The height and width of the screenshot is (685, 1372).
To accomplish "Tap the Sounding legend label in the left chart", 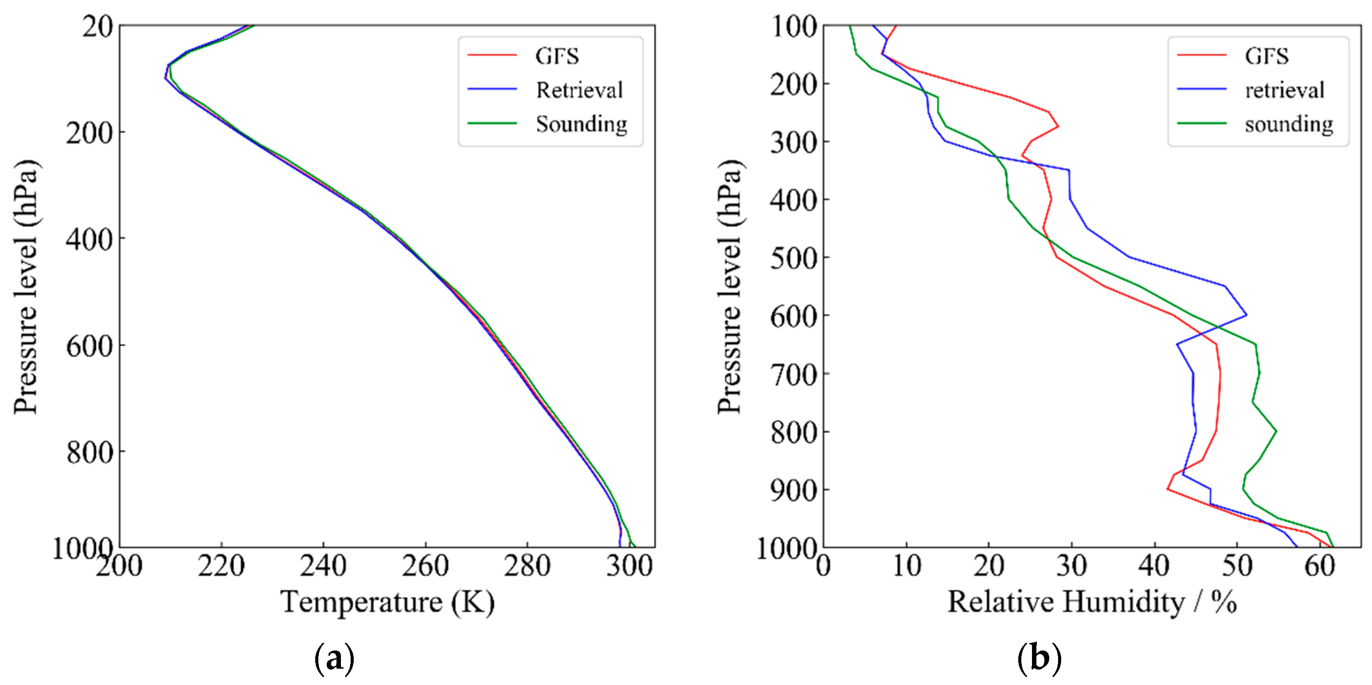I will (x=581, y=124).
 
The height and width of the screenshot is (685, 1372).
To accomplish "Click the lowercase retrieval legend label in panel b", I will (x=1284, y=90).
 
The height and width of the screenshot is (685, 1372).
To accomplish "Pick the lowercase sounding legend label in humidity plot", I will (x=1288, y=124).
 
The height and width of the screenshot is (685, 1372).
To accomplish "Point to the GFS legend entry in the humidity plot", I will (x=1266, y=56).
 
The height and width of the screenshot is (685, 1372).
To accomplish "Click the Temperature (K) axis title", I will (x=387, y=602).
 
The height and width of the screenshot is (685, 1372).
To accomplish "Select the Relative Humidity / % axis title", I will (x=1091, y=602).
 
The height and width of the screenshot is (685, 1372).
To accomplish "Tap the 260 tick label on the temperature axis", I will (x=425, y=566).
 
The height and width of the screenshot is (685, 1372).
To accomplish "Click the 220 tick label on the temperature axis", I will (x=221, y=566).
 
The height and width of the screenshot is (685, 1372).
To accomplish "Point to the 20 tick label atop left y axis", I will (x=97, y=27).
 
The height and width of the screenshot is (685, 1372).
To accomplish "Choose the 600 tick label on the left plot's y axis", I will (x=89, y=346).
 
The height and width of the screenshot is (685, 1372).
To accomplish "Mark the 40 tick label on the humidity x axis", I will (x=1154, y=566).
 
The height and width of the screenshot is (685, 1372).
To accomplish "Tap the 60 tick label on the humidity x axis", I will (x=1319, y=566).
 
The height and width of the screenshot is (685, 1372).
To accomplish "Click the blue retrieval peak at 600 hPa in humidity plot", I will (x=1246, y=315).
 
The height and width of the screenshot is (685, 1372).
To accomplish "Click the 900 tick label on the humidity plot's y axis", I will (x=794, y=490).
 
